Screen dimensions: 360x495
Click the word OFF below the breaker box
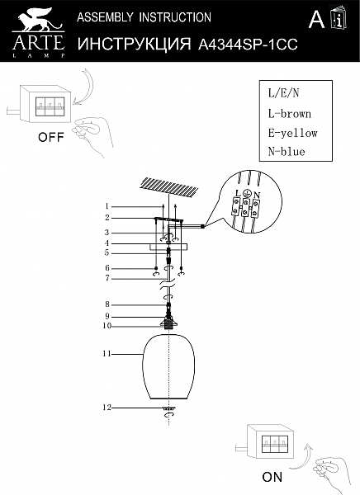(51, 137)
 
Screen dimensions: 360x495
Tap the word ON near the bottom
(272, 477)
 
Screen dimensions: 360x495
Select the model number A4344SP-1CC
(248, 45)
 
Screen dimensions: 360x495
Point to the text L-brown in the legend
(290, 114)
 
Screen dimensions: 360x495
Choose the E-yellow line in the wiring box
(292, 133)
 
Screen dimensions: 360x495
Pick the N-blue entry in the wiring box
(287, 152)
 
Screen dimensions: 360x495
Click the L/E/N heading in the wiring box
(283, 92)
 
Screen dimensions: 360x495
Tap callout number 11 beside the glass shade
(107, 354)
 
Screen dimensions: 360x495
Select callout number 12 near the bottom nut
(107, 408)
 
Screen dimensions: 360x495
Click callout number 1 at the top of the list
(107, 206)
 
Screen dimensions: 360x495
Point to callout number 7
(107, 278)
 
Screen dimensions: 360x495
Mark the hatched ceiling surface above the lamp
(169, 186)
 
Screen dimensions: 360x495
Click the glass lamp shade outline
(144, 366)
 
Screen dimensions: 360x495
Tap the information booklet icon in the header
(339, 18)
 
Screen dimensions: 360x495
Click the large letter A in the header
(316, 19)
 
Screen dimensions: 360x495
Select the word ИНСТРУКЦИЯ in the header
(135, 44)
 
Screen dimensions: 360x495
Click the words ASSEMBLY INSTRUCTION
(144, 17)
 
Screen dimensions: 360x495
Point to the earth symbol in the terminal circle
(247, 194)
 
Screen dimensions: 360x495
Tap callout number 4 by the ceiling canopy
(107, 243)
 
